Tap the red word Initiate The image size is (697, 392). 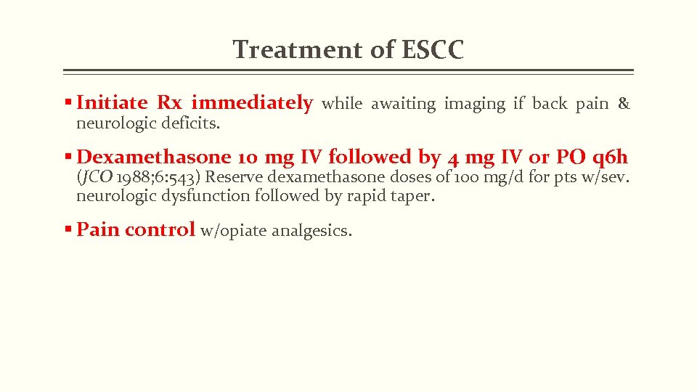(x=112, y=104)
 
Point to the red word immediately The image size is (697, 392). (x=252, y=104)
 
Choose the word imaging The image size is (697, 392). (x=475, y=105)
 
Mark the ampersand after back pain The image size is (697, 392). (x=624, y=105)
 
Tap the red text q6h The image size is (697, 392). (x=610, y=157)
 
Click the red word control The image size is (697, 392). (x=160, y=230)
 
